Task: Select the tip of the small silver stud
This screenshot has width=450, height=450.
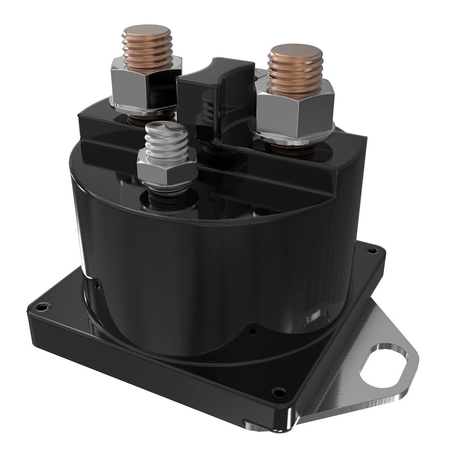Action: point(162,127)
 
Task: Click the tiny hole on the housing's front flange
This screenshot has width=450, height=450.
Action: point(253,331)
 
